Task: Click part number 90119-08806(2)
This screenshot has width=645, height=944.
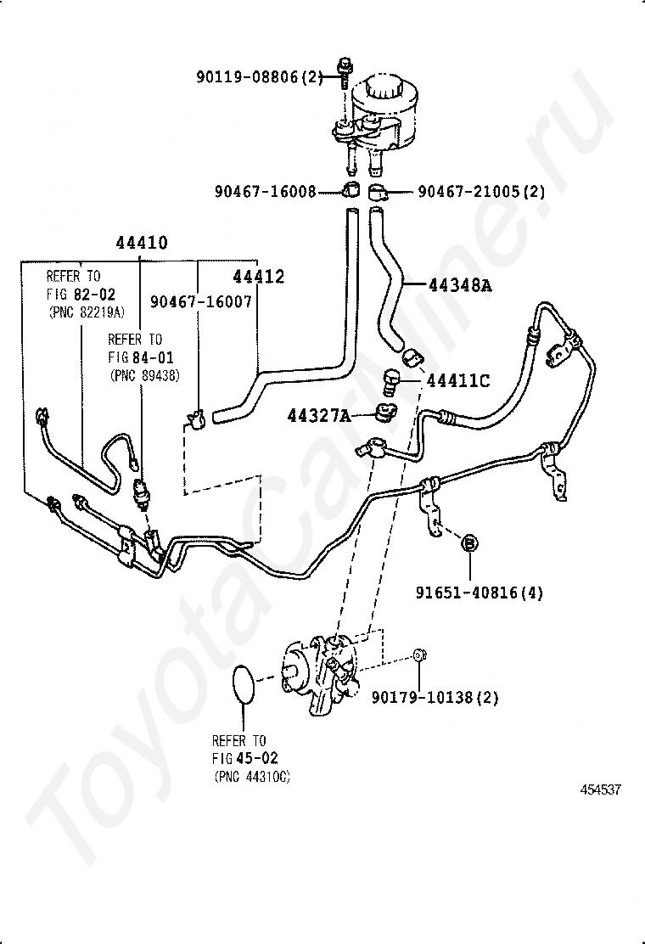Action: pos(260,77)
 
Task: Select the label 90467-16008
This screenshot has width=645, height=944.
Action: pos(266,192)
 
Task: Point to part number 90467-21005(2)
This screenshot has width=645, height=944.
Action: pos(481,192)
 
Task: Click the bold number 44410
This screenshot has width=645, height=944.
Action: pos(142,243)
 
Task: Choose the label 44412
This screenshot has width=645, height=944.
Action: pos(259,277)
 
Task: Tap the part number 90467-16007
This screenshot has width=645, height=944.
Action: pos(201,301)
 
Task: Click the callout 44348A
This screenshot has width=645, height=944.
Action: pos(460,284)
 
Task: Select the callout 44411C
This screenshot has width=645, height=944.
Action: pos(458,381)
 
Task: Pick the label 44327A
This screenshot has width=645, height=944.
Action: pos(319,415)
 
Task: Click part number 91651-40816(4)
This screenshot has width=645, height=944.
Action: pos(480,593)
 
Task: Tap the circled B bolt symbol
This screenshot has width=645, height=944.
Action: pos(469,543)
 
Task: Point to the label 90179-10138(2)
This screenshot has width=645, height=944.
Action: pos(435,698)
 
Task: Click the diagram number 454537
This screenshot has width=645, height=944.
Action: pos(601,789)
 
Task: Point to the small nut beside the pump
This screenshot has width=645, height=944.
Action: pos(419,655)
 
